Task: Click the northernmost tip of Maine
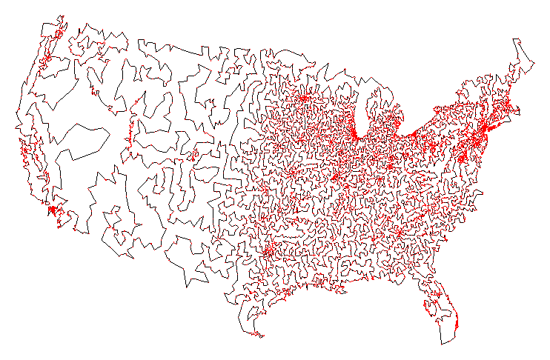(x=516, y=38)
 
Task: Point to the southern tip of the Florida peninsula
(x=443, y=343)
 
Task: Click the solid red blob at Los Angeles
(x=51, y=210)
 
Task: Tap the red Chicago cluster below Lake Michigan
(x=355, y=135)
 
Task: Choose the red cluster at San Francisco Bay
(x=24, y=151)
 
